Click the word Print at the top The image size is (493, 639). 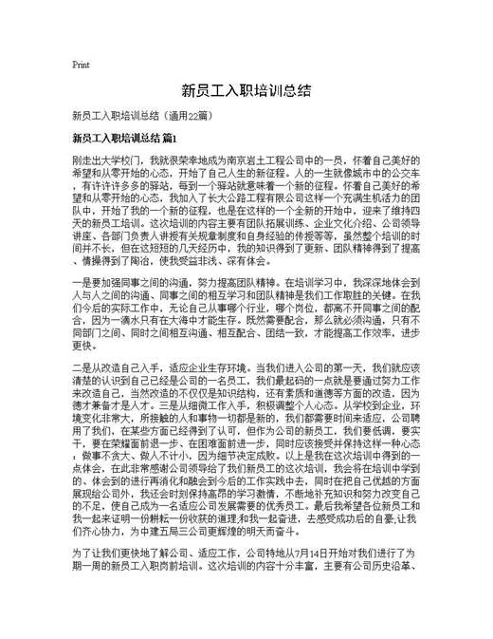[x=81, y=65]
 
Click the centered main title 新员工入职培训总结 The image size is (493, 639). [x=246, y=91]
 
